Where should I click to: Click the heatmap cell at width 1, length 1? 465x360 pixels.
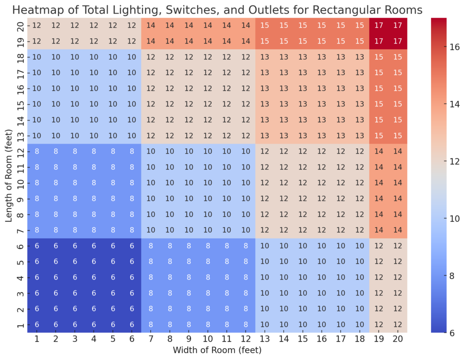pos(37,325)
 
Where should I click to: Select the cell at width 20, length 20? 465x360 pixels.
pos(398,26)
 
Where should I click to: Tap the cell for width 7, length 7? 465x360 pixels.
pos(151,230)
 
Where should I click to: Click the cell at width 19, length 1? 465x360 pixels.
pos(379,325)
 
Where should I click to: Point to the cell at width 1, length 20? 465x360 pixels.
pos(37,26)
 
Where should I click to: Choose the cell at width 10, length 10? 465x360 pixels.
pos(208,183)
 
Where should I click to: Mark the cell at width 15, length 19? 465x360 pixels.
pos(303,42)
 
